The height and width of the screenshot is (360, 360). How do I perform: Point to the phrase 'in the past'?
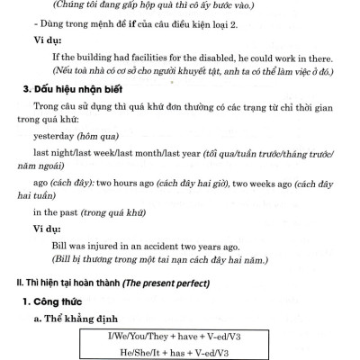(58, 213)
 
